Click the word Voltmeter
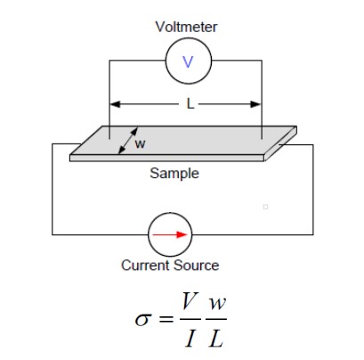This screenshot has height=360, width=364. tap(186, 28)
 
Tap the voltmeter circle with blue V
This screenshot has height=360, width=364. tap(187, 61)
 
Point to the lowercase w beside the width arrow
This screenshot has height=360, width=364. tap(140, 143)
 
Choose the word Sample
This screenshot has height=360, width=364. tap(174, 174)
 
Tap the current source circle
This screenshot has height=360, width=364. tap(169, 234)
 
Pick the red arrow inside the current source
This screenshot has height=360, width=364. tap(171, 234)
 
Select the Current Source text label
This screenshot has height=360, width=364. tap(169, 266)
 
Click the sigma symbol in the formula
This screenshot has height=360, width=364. tap(142, 317)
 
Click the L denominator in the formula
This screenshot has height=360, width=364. tap(216, 335)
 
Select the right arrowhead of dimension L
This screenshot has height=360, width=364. tap(259, 104)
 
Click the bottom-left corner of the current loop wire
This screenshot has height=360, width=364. tap(52, 234)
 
